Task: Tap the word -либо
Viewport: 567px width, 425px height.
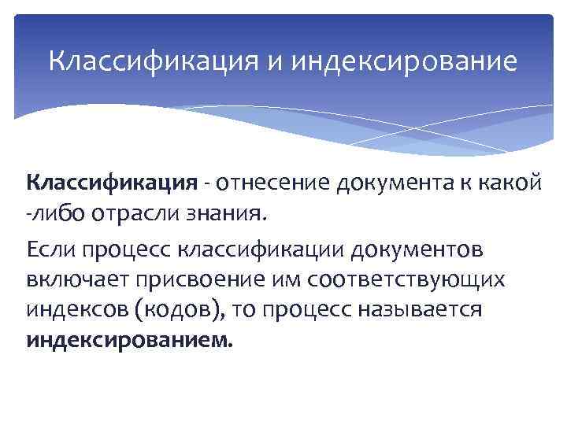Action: point(50,212)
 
